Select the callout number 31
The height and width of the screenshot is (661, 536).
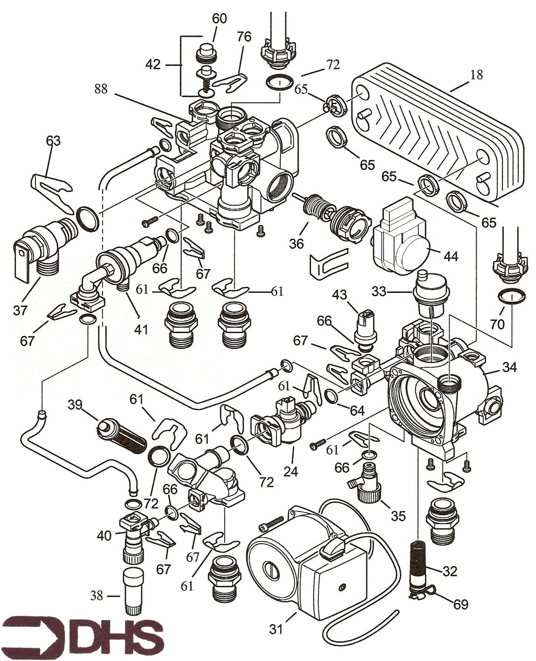[x=276, y=630]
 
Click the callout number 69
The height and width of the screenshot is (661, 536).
[x=460, y=604]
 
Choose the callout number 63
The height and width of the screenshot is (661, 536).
[x=53, y=140]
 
